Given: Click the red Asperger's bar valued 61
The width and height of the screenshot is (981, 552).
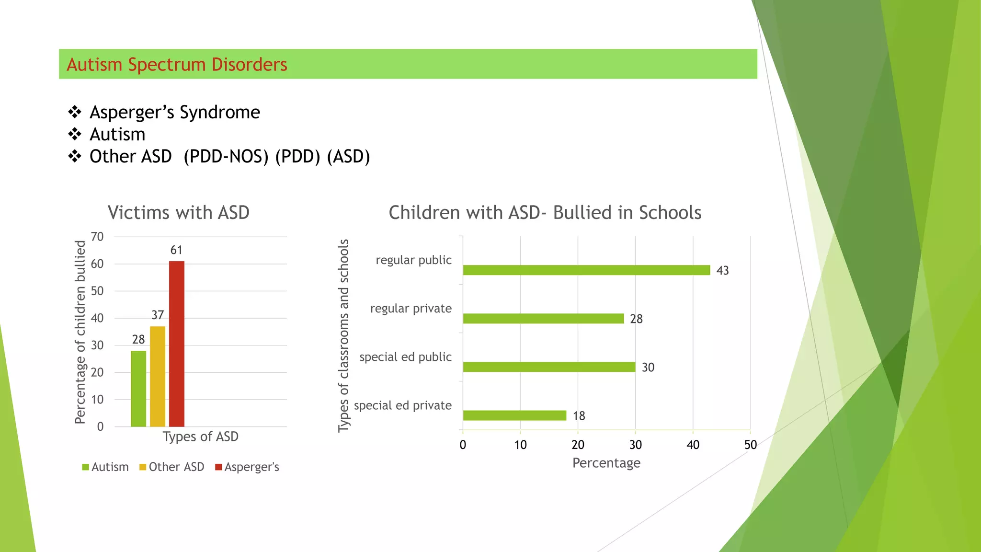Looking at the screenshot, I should [x=176, y=344].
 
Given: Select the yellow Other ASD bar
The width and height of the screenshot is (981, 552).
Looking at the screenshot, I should [x=158, y=376].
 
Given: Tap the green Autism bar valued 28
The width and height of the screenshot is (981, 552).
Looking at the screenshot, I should [x=138, y=389].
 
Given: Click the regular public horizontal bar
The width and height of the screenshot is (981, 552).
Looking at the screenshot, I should [x=586, y=270].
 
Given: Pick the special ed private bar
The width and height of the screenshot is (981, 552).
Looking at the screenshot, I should [x=514, y=415].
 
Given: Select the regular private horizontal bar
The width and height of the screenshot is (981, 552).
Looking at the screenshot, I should [x=543, y=319].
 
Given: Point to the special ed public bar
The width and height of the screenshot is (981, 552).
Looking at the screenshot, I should [x=549, y=367].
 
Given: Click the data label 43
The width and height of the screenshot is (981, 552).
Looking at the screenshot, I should [x=722, y=271].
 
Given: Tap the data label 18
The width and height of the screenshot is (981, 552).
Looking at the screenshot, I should [x=579, y=416].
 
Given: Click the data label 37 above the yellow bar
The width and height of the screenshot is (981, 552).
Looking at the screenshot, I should [x=158, y=315].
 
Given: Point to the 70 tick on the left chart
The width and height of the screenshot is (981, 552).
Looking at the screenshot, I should [x=97, y=237].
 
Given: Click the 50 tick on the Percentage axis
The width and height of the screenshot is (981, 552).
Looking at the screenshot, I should [x=750, y=445].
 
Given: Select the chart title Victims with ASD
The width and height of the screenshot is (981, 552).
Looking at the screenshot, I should [x=178, y=213].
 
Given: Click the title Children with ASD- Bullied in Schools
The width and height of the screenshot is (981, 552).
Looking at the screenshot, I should [x=545, y=213].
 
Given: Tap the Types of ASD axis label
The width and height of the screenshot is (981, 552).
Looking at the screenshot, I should [x=200, y=437].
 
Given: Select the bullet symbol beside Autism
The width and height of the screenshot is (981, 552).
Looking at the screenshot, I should [x=75, y=134].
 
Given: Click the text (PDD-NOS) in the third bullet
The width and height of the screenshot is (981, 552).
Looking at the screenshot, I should [x=226, y=157].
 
